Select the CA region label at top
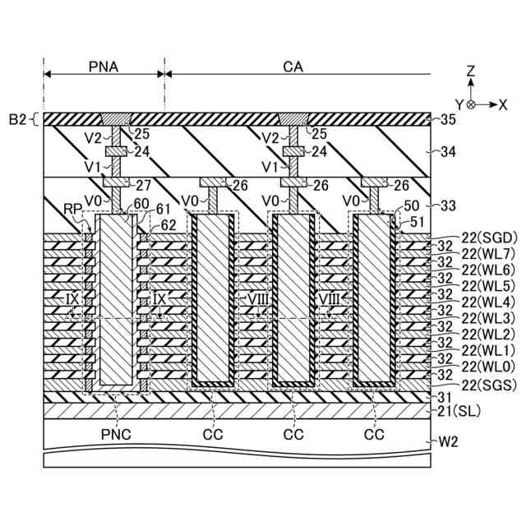[293, 67]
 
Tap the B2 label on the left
[18, 120]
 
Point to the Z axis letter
[470, 72]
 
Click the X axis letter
[502, 105]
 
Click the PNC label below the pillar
[117, 433]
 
